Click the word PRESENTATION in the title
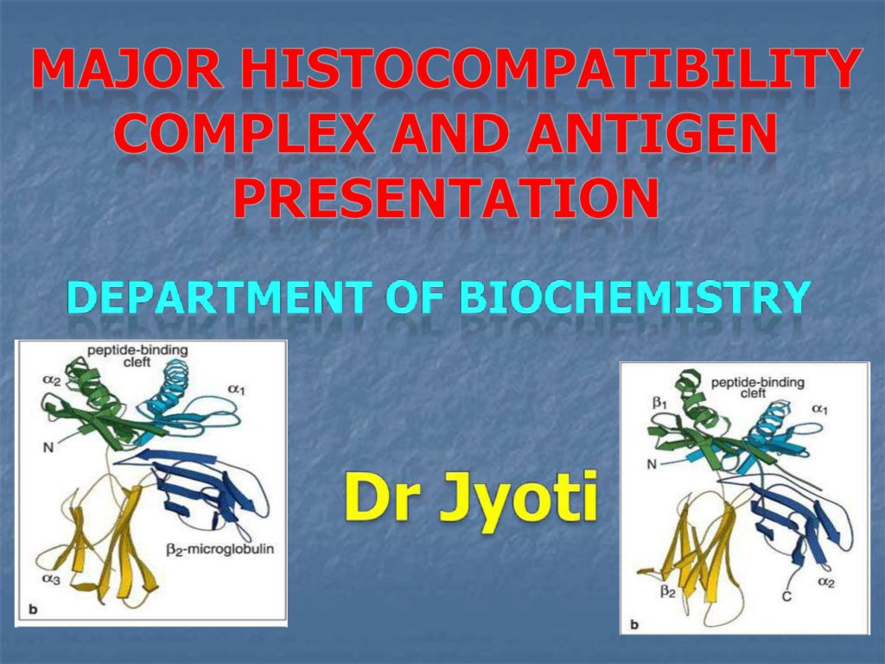click(446, 198)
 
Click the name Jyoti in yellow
click(519, 498)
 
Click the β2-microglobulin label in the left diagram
click(220, 549)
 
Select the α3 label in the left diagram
click(51, 578)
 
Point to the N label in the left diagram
click(48, 448)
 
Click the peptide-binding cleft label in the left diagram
click(137, 355)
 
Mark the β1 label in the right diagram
click(660, 404)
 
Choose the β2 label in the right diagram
click(668, 591)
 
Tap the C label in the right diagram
click(786, 596)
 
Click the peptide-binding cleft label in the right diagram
click(757, 387)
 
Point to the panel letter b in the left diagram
click(34, 610)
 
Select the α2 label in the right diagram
click(826, 582)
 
